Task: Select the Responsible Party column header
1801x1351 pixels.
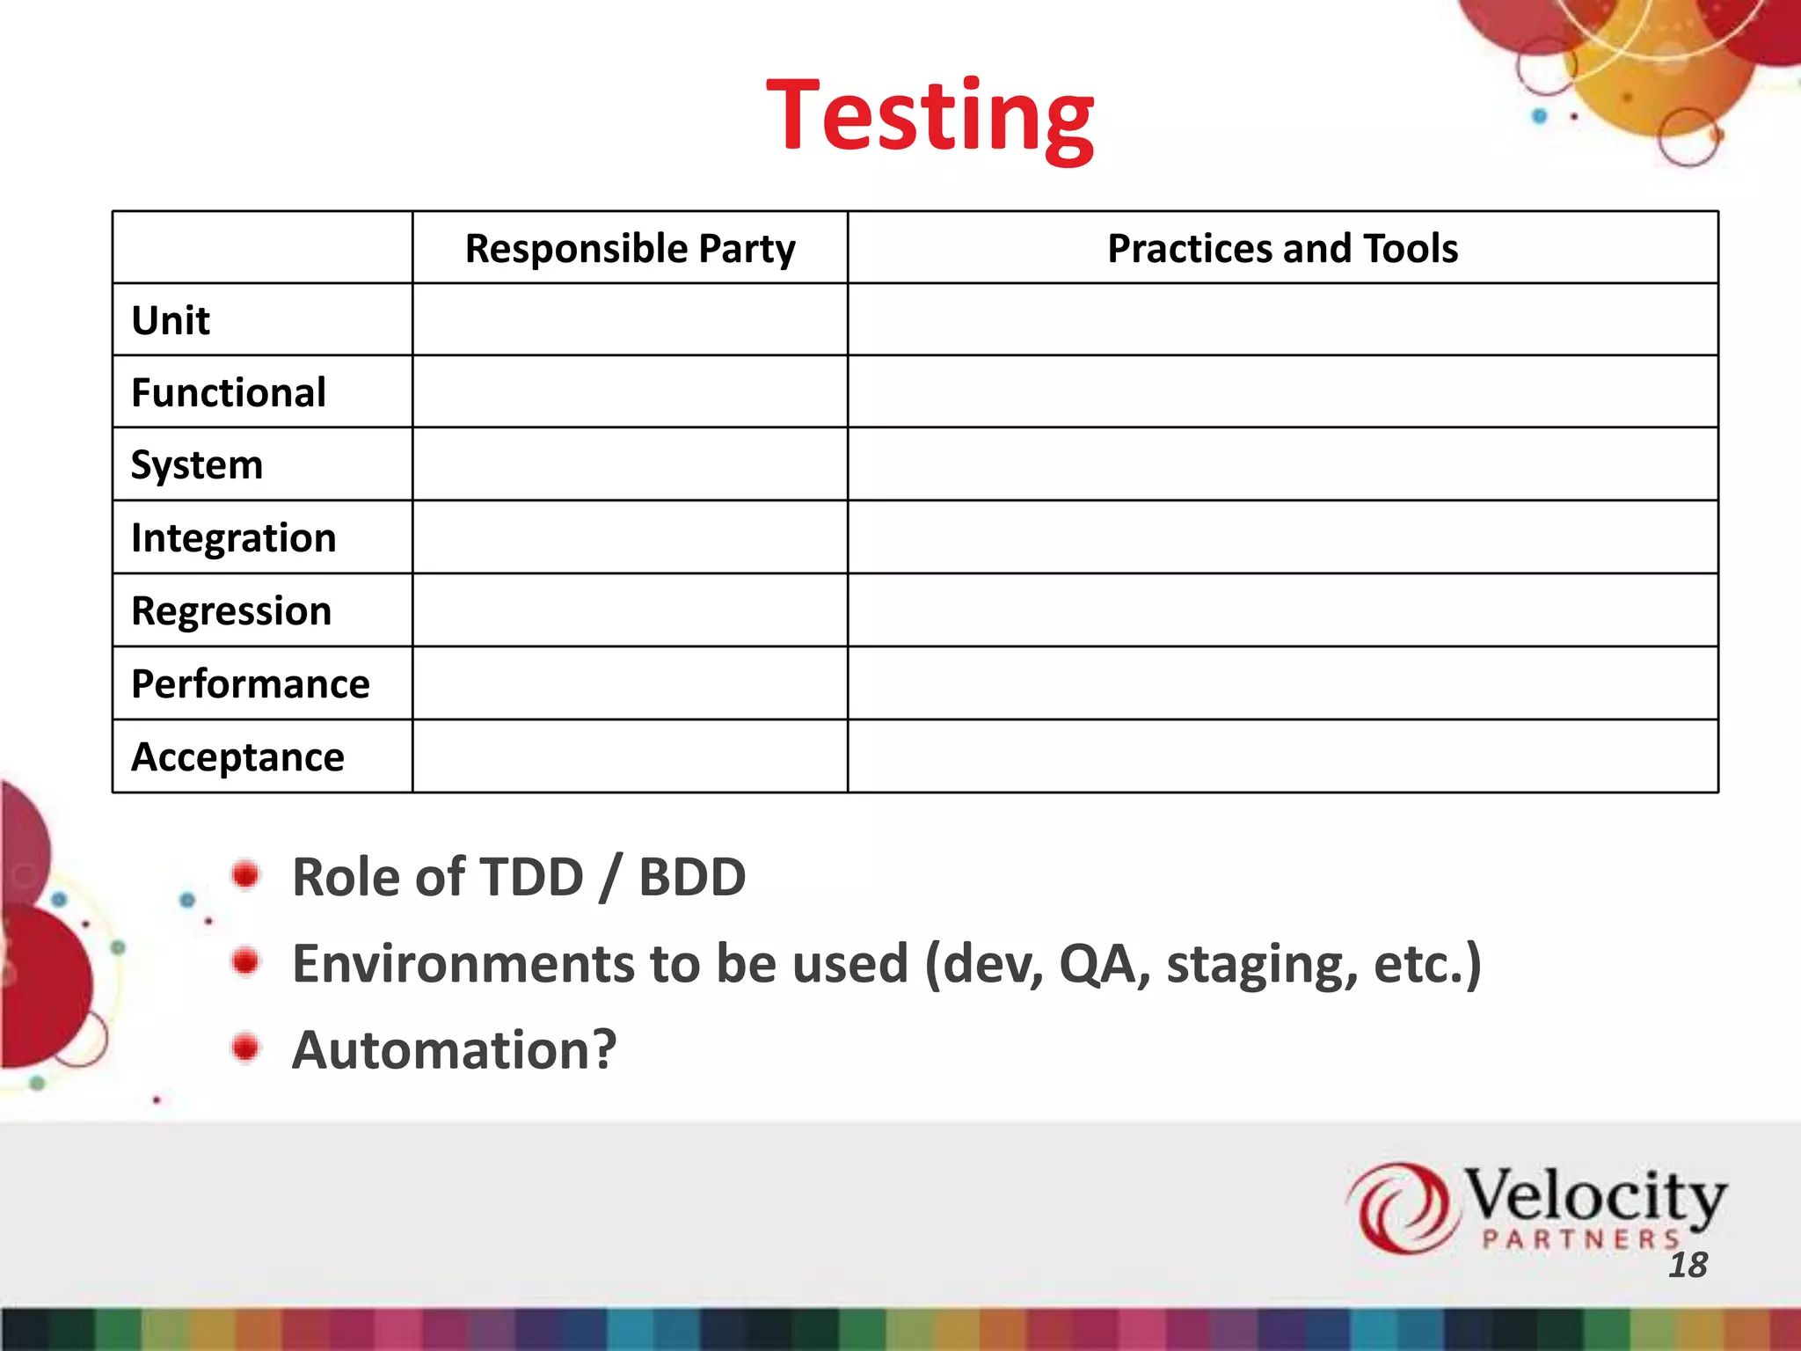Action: pyautogui.click(x=630, y=249)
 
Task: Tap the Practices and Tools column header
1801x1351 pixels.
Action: pyautogui.click(x=1282, y=249)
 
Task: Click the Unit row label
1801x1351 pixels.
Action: pyautogui.click(x=171, y=321)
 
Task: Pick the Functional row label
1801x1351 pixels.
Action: pyautogui.click(x=229, y=393)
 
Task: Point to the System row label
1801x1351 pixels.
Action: pyautogui.click(x=197, y=465)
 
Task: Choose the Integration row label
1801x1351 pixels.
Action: pyautogui.click(x=233, y=538)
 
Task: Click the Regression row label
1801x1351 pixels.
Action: pyautogui.click(x=231, y=611)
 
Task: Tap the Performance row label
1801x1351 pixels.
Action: pyautogui.click(x=251, y=684)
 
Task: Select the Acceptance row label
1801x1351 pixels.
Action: pyautogui.click(x=237, y=757)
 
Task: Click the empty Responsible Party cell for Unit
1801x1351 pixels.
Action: pyautogui.click(x=630, y=320)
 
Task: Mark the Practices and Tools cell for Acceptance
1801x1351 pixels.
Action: pyautogui.click(x=1282, y=756)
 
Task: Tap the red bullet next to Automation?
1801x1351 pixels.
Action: pyautogui.click(x=246, y=1048)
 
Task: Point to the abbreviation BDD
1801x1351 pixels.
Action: pyautogui.click(x=692, y=878)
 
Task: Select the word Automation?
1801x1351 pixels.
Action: pyautogui.click(x=455, y=1050)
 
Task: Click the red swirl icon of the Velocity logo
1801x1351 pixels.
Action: pyautogui.click(x=1397, y=1207)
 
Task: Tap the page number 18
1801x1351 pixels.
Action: pyautogui.click(x=1688, y=1266)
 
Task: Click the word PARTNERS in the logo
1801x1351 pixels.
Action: pyautogui.click(x=1580, y=1240)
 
